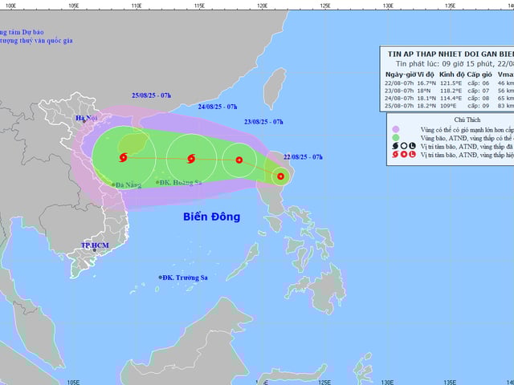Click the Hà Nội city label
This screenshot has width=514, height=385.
click(x=86, y=119)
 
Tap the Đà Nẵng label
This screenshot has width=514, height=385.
click(x=128, y=185)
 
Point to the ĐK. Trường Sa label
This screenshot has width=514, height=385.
click(x=185, y=278)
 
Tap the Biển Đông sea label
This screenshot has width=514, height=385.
click(x=211, y=217)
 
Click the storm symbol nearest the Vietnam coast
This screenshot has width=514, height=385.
click(x=124, y=158)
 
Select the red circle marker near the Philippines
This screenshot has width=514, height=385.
click(x=280, y=176)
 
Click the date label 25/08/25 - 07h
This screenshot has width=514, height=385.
click(x=152, y=95)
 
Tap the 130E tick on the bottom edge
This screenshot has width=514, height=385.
click(x=388, y=381)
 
